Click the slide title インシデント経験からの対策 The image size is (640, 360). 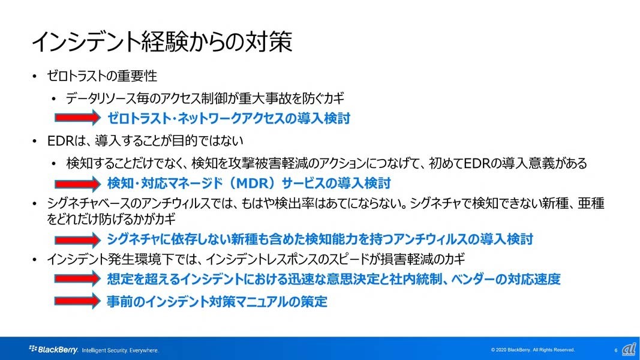(162, 41)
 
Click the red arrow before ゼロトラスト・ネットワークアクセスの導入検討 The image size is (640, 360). (77, 118)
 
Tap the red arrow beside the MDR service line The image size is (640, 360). (77, 184)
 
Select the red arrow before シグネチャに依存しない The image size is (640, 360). (77, 239)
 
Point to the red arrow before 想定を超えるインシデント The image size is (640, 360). (77, 279)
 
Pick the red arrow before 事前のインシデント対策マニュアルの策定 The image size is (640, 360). (77, 301)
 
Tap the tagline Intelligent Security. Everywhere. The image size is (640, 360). (120, 350)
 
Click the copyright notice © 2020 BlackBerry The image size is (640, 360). (533, 350)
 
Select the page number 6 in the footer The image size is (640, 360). (616, 350)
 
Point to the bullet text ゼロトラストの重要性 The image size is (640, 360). (102, 76)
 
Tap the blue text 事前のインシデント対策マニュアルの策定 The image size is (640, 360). (217, 302)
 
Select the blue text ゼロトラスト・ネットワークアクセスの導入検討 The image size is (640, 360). (229, 118)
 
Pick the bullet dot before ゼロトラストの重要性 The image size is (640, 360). (35, 76)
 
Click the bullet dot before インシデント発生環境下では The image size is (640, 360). (35, 260)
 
